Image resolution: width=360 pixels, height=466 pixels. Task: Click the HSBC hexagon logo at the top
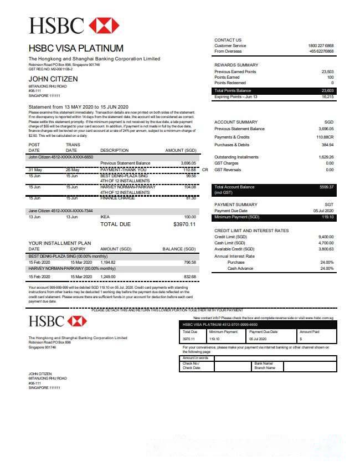point(104,25)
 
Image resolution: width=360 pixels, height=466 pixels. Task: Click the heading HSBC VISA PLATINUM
point(76,48)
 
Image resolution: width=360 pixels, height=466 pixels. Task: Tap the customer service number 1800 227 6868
point(321,45)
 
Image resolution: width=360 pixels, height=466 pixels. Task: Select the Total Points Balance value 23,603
point(327,90)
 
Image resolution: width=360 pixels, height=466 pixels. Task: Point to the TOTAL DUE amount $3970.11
point(184,224)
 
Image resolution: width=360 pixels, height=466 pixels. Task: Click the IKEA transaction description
point(105,217)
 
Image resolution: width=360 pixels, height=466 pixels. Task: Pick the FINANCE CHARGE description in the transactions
point(117,198)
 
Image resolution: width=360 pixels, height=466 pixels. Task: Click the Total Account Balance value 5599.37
point(327,187)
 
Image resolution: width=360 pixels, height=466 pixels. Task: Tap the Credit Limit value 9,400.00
point(326,237)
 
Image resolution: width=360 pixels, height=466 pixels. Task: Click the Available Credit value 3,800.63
point(326,249)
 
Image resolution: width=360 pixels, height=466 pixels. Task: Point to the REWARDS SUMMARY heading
point(236,65)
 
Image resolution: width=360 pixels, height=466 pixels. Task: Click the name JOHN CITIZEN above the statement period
point(53,79)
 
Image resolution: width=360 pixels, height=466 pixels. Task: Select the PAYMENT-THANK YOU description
point(124,170)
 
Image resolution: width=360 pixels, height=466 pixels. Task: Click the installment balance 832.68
point(190,276)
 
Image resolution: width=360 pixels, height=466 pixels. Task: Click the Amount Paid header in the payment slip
point(309,331)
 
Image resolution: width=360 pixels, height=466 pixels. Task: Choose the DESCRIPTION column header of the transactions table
point(114,150)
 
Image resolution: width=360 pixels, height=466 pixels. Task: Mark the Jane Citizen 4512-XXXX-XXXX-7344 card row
point(61,211)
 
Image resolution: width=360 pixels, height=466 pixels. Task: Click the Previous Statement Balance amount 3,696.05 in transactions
point(188,163)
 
